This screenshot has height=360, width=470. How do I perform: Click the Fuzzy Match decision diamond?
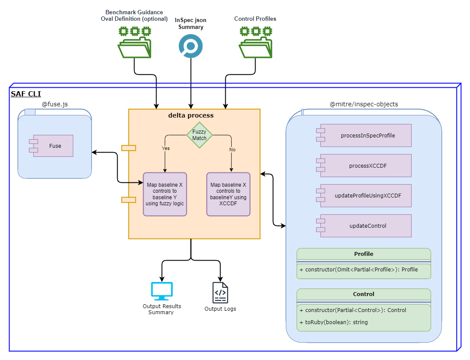pyautogui.click(x=199, y=135)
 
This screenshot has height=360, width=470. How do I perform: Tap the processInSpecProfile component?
pyautogui.click(x=365, y=135)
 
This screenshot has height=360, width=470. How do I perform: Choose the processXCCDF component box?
pyautogui.click(x=365, y=166)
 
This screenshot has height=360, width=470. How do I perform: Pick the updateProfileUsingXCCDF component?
pyautogui.click(x=365, y=196)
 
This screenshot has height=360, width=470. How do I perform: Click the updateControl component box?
pyautogui.click(x=365, y=226)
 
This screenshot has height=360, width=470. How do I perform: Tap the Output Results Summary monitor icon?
pyautogui.click(x=162, y=291)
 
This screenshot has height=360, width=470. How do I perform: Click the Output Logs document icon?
pyautogui.click(x=220, y=293)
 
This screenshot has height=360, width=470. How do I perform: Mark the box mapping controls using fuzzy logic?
pyautogui.click(x=165, y=194)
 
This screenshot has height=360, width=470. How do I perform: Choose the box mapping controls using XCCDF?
pyautogui.click(x=228, y=194)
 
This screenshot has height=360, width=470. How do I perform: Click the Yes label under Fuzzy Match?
pyautogui.click(x=166, y=148)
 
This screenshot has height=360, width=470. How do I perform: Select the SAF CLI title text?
pyautogui.click(x=26, y=94)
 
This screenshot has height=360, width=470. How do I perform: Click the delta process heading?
pyautogui.click(x=191, y=115)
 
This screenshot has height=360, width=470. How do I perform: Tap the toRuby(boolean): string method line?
pyautogui.click(x=333, y=322)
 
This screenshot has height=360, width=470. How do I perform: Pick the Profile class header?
pyautogui.click(x=363, y=254)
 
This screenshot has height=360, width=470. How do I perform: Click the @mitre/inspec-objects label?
pyautogui.click(x=364, y=104)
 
